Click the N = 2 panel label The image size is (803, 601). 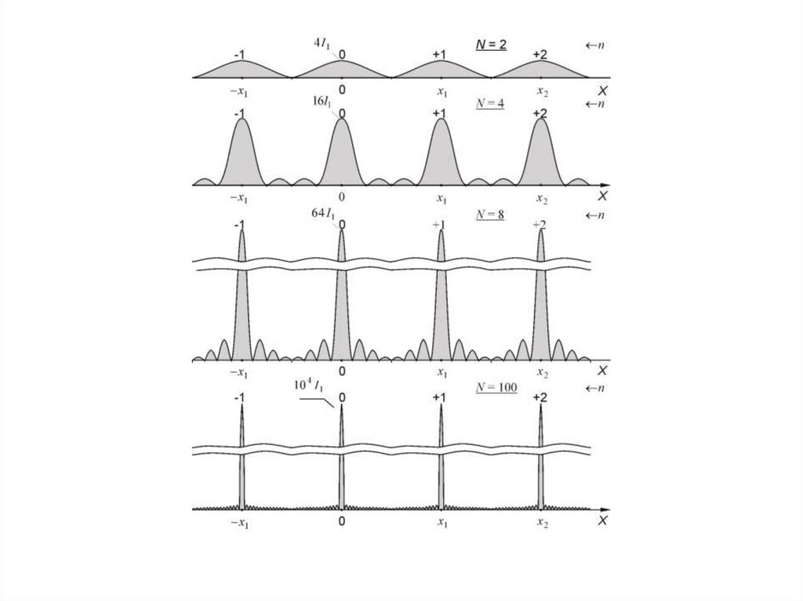point(491,45)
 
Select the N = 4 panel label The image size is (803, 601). point(490,104)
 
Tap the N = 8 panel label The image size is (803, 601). point(490,213)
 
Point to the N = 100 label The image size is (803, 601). point(496,388)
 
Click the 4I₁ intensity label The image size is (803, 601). point(322,44)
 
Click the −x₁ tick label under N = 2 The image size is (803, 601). point(239,92)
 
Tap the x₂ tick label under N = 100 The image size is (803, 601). point(542,523)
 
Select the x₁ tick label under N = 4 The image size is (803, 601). point(442,198)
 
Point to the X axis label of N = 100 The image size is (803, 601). point(602,521)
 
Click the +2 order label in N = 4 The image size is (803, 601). point(540,114)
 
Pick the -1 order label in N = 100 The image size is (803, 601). point(241,398)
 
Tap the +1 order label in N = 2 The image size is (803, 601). point(440,54)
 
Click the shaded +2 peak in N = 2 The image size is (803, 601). point(540,71)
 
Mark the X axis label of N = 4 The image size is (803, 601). point(602,195)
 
